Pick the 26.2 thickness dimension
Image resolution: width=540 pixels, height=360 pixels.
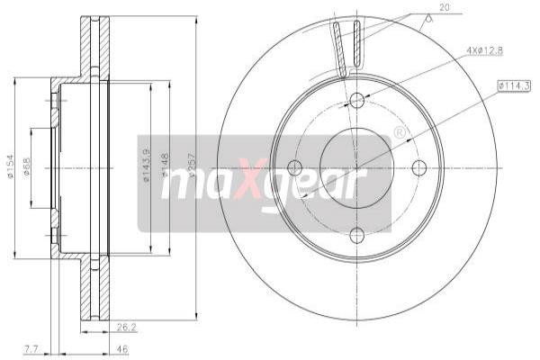(126, 328)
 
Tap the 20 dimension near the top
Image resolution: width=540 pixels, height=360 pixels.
(444, 8)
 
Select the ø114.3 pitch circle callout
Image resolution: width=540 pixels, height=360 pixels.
(515, 85)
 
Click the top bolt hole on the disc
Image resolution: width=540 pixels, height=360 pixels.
(356, 100)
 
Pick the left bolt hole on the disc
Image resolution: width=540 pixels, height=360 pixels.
(293, 167)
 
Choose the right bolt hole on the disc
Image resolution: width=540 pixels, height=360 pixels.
(418, 167)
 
